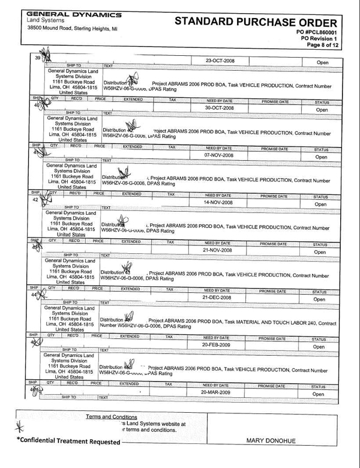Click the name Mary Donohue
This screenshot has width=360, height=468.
(273, 441)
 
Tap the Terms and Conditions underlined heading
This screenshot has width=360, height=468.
(112, 416)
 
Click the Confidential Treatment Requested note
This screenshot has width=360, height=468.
(71, 442)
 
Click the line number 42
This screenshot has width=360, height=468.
(35, 200)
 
